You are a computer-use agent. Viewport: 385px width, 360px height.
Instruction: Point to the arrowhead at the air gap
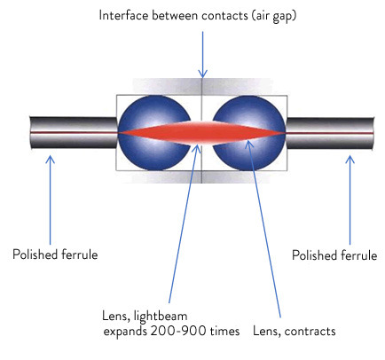point(203,74)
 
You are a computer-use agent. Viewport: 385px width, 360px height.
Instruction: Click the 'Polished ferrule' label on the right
point(334,254)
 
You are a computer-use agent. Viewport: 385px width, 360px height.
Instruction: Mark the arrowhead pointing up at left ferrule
point(50,160)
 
